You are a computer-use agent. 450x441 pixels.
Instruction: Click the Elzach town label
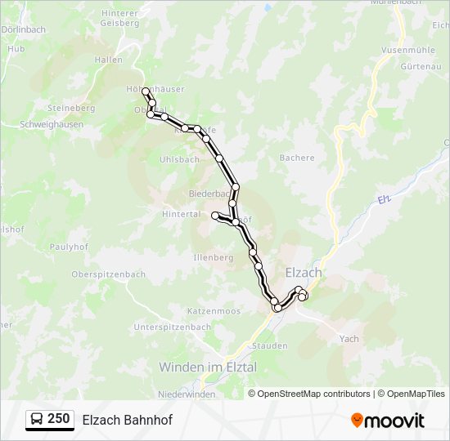point(303,273)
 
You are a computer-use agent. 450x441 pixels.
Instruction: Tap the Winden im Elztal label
point(208,367)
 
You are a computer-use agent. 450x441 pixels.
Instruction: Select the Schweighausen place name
point(51,124)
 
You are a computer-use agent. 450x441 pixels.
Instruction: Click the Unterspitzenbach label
point(172,327)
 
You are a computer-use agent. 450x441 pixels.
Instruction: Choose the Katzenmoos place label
point(213,311)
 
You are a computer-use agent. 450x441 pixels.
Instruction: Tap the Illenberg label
point(214,257)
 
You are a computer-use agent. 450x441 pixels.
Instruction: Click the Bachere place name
point(297,158)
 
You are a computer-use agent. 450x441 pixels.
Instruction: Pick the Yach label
point(349,338)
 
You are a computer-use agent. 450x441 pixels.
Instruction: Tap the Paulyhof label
point(69,246)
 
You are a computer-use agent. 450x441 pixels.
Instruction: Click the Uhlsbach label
point(180,159)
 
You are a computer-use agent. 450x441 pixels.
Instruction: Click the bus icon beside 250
point(37,419)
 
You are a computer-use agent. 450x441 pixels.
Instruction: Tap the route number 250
point(58,419)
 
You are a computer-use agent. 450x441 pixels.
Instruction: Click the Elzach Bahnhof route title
point(127,420)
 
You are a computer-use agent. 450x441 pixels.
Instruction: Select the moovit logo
point(388,420)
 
